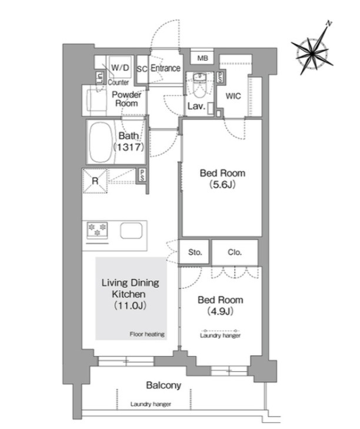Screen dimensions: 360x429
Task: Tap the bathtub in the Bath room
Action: tap(101, 142)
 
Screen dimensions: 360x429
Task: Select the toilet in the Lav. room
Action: tap(199, 85)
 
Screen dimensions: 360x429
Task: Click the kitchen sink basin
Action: tap(131, 231)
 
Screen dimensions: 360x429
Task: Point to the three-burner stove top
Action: tap(97, 230)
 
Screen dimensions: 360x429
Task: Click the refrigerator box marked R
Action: tap(95, 181)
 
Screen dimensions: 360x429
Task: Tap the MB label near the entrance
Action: tap(202, 58)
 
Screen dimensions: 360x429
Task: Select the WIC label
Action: tap(233, 96)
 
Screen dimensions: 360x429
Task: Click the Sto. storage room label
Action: tap(195, 252)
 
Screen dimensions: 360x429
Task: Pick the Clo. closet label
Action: tap(235, 252)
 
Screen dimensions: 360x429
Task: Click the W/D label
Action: tap(121, 67)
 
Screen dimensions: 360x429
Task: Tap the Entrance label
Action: tap(165, 68)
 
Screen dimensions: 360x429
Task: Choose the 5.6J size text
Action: tap(222, 185)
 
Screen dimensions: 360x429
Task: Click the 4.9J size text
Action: tap(220, 311)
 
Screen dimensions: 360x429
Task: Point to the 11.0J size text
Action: tap(130, 305)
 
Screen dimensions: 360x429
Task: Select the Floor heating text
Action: tap(147, 334)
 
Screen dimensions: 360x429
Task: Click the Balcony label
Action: tap(164, 385)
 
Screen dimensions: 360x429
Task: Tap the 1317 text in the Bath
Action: tap(129, 147)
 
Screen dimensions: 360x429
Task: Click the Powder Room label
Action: tap(126, 99)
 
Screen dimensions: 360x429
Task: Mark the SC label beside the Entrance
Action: tap(142, 69)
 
